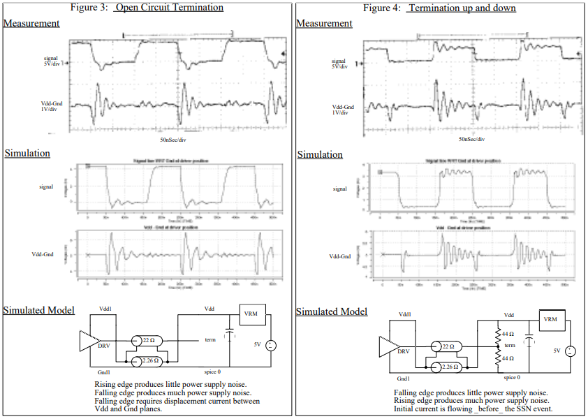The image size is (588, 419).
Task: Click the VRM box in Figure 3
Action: click(x=251, y=314)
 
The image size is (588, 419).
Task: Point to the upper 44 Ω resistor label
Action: click(x=508, y=335)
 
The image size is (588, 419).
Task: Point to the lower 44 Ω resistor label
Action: click(x=508, y=358)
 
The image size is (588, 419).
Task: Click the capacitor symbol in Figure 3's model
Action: click(x=229, y=335)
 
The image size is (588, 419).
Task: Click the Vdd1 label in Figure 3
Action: click(x=105, y=308)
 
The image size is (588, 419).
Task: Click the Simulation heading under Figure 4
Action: click(x=319, y=154)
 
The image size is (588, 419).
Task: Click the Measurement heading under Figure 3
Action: click(x=31, y=23)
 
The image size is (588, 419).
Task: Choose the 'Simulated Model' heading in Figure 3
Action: click(x=39, y=310)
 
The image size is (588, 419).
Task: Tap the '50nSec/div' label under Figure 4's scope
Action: click(x=473, y=139)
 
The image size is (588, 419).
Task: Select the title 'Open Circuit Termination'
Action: click(x=168, y=8)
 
